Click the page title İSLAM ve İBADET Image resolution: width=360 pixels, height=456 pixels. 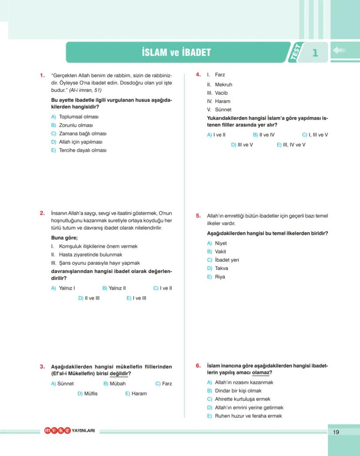(176, 53)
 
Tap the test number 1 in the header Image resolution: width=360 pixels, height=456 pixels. (315, 53)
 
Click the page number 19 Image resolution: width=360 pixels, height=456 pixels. (336, 432)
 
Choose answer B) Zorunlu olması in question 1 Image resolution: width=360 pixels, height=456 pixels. (72, 125)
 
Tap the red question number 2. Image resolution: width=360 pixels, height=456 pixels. (42, 213)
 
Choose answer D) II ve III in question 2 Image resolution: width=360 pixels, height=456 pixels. (89, 298)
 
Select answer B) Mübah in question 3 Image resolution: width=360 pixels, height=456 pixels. (114, 383)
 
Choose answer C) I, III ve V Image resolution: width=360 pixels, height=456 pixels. (315, 135)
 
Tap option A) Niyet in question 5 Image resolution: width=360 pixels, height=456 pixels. (217, 243)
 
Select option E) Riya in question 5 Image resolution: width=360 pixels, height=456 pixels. (216, 277)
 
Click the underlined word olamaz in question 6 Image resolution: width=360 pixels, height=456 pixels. (260, 373)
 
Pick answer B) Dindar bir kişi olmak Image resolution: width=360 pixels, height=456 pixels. (234, 391)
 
